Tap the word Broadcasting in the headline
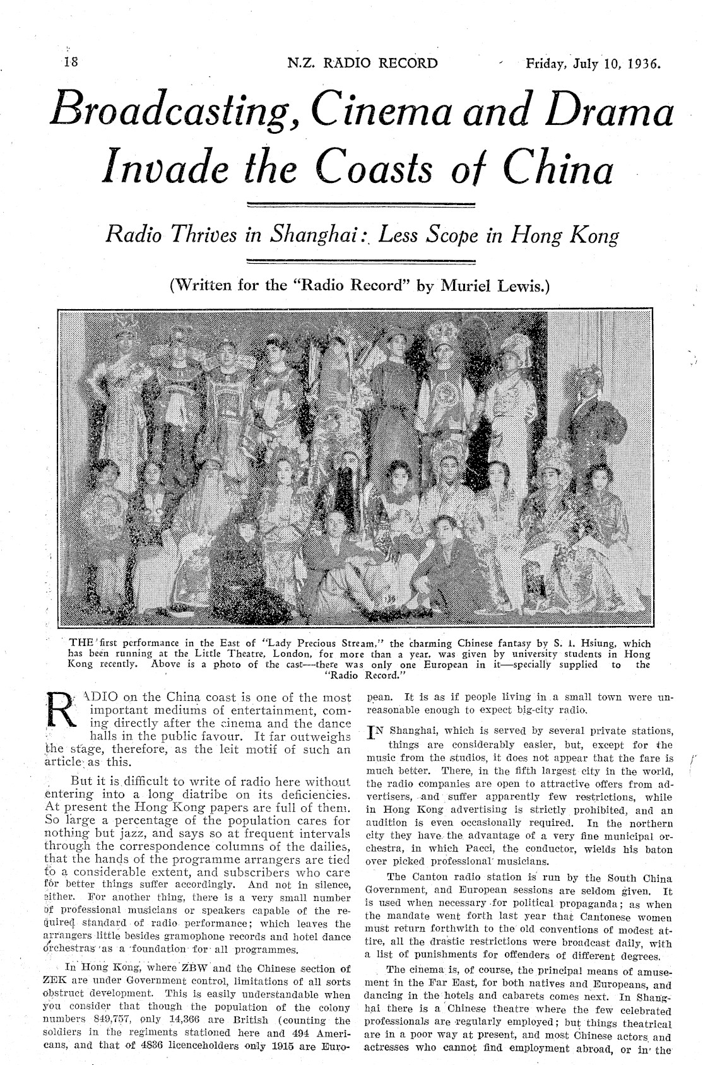tap(172, 109)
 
